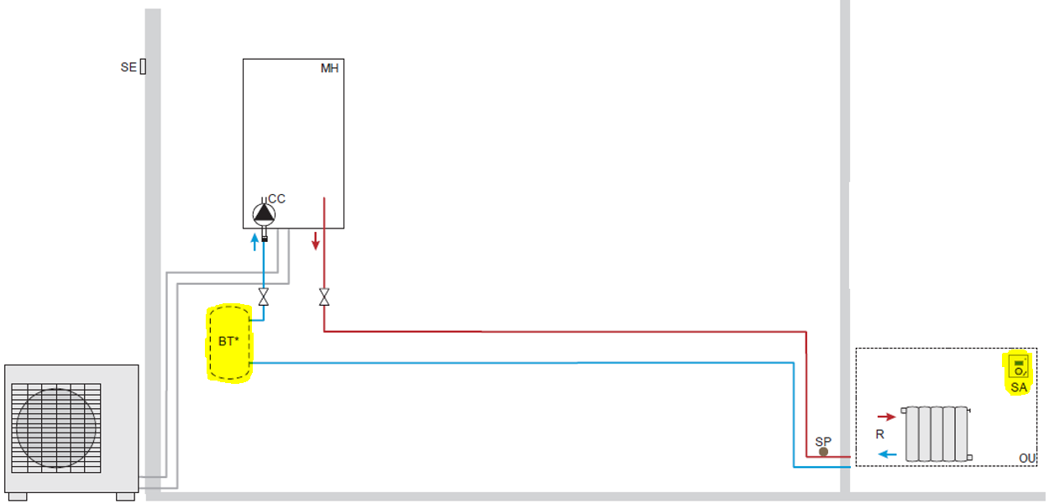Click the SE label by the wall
[127, 67]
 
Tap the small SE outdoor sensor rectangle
[143, 66]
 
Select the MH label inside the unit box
[329, 68]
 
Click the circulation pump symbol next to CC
[264, 214]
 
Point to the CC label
[277, 199]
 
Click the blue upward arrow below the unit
[255, 244]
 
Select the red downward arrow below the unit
[316, 241]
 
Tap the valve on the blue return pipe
[264, 297]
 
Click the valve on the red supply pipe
[324, 297]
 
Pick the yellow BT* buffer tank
[228, 344]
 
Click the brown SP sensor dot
[823, 451]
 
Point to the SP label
[823, 441]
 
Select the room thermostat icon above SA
[1019, 366]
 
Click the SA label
[1019, 387]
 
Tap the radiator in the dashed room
[936, 433]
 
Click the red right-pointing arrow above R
[886, 416]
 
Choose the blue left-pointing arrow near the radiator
[887, 454]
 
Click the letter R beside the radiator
[880, 435]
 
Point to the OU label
[1027, 458]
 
